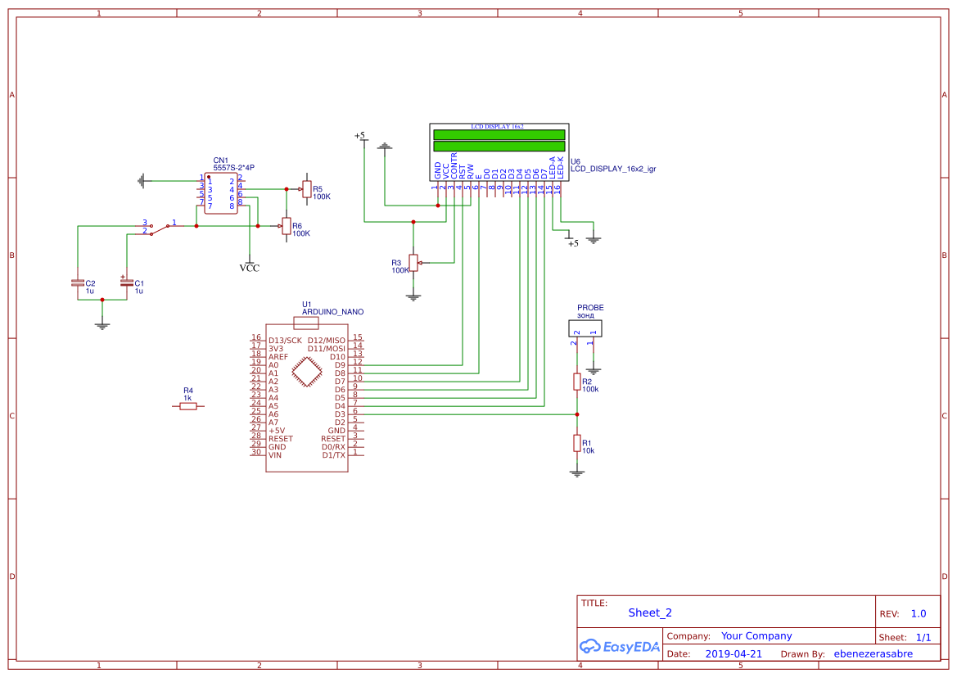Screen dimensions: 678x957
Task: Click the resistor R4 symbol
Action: click(x=188, y=406)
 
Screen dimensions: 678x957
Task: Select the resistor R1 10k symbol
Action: click(x=577, y=443)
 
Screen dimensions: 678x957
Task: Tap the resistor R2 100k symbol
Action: click(x=577, y=382)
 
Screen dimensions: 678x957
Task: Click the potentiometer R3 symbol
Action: click(x=413, y=262)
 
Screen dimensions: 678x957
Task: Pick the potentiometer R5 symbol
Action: click(x=306, y=190)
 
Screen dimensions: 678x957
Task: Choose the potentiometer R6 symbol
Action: click(x=286, y=226)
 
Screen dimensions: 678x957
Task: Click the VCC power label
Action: click(x=250, y=268)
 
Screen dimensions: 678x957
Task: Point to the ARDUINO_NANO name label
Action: click(x=332, y=312)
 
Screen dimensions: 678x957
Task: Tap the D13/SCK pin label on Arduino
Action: click(x=285, y=340)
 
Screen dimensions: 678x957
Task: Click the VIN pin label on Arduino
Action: click(x=275, y=454)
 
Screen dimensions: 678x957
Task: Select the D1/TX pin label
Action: click(x=333, y=454)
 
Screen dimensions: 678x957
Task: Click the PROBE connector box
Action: click(x=585, y=328)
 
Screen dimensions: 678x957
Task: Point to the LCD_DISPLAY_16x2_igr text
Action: click(x=613, y=169)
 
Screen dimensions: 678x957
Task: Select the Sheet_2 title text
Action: click(x=650, y=612)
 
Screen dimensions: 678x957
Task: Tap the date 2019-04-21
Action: click(x=734, y=654)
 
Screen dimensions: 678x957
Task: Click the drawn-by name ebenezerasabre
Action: click(x=873, y=654)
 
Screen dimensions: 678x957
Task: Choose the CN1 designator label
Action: click(x=220, y=160)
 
